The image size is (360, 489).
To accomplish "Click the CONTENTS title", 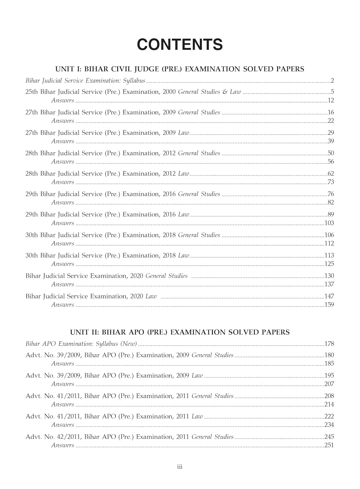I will point(180,45).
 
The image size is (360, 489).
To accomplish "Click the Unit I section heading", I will point(180,69).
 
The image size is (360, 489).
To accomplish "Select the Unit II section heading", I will point(180,332).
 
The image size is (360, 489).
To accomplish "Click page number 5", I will point(332,92).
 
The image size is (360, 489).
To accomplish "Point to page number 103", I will point(329,223).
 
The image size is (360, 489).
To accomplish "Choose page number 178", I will point(329,344).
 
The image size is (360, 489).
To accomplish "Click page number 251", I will point(329,445).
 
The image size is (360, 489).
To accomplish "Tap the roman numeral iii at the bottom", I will point(180,467).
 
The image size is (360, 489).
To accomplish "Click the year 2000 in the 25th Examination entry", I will point(169,92).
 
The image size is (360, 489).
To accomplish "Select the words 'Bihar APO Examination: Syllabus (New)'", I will point(81,344).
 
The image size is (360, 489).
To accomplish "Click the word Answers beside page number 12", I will point(63,100).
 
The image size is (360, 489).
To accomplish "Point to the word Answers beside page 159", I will point(63,305).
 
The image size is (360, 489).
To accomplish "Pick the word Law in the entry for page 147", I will point(151,296).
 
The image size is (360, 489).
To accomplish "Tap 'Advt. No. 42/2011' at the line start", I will point(53,437).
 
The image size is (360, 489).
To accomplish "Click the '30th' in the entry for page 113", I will point(32,256).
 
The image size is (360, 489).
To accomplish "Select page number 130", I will point(329,276).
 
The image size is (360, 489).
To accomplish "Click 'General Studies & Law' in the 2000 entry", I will point(209,92).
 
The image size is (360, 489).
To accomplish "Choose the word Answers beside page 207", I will point(63,384).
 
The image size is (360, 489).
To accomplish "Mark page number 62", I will point(331,174).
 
